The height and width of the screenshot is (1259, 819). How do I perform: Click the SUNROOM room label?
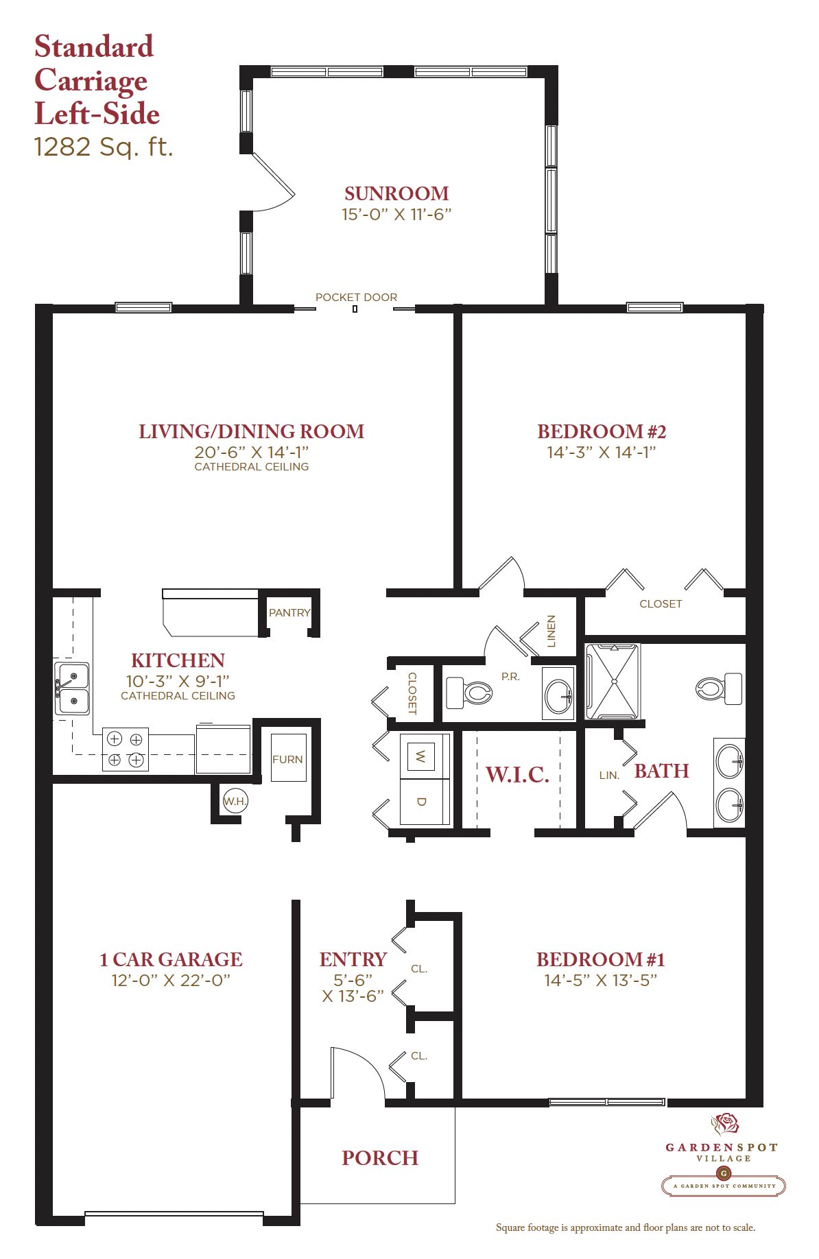click(396, 193)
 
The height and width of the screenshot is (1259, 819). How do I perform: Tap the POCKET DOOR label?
click(356, 298)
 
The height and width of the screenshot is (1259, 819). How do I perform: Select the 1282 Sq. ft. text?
click(104, 147)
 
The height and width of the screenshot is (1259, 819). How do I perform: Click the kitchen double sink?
click(72, 688)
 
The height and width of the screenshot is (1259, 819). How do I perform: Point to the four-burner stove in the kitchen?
click(126, 749)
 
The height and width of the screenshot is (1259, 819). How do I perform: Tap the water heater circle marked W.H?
click(235, 801)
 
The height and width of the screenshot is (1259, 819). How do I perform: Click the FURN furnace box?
click(288, 758)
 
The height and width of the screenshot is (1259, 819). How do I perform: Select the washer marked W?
click(421, 756)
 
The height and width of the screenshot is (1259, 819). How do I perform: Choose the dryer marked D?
click(421, 802)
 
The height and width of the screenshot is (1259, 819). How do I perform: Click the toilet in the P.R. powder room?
click(469, 693)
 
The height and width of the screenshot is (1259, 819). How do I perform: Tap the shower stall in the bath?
click(613, 682)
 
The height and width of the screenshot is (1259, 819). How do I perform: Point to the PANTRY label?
click(289, 612)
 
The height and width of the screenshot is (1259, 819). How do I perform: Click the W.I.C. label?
click(517, 775)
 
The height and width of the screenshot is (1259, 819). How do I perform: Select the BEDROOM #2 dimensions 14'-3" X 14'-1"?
click(602, 453)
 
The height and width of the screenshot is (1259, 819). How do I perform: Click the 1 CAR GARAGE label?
click(171, 959)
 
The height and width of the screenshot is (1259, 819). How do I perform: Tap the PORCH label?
click(380, 1158)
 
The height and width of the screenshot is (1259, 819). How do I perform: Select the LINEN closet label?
click(551, 631)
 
